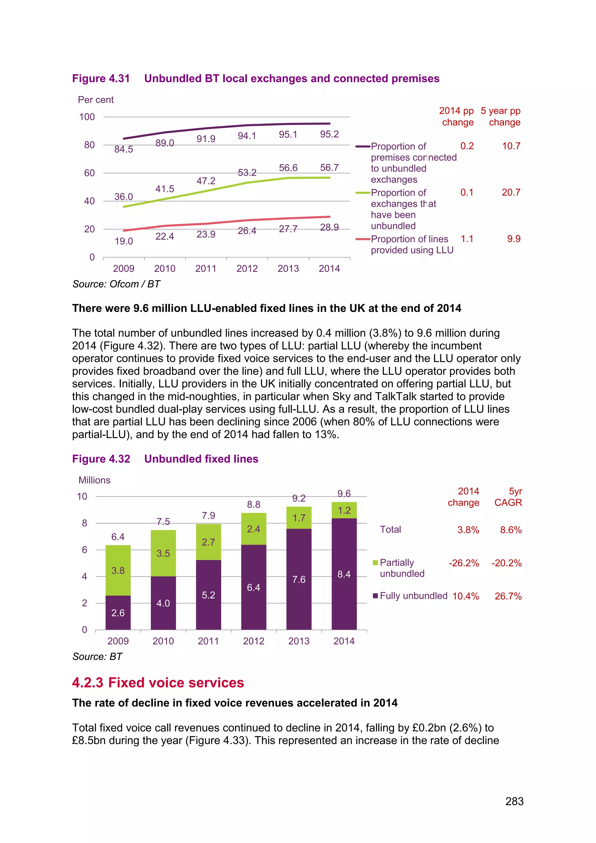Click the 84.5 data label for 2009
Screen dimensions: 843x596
point(123,149)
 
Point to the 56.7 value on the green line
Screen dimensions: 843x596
point(329,168)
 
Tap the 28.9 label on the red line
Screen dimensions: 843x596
point(329,227)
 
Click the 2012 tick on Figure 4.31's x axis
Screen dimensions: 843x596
point(247,268)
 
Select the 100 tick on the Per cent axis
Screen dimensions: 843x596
point(87,117)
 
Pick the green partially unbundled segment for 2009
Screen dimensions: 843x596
point(118,570)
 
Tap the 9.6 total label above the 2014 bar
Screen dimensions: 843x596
point(344,493)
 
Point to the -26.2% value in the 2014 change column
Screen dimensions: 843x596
point(464,563)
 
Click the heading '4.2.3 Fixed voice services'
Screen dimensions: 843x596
point(158,683)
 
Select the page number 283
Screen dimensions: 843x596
point(514,801)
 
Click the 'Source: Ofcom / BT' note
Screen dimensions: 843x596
point(116,284)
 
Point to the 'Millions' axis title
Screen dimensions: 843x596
point(94,480)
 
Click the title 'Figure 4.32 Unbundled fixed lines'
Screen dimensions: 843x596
point(165,459)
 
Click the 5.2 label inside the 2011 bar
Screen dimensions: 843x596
point(208,595)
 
